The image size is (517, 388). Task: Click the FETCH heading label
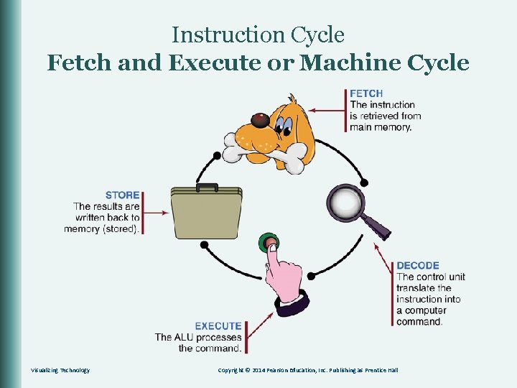pyautogui.click(x=366, y=93)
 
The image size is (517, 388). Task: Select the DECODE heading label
pyautogui.click(x=418, y=266)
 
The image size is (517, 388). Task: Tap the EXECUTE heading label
pyautogui.click(x=218, y=325)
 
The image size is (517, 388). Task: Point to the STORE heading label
pyautogui.click(x=122, y=195)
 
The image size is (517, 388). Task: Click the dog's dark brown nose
pyautogui.click(x=256, y=119)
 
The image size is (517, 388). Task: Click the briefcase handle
pyautogui.click(x=207, y=187)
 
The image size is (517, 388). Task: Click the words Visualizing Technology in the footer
pyautogui.click(x=60, y=370)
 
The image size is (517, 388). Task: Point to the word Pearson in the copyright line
pyautogui.click(x=279, y=370)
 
